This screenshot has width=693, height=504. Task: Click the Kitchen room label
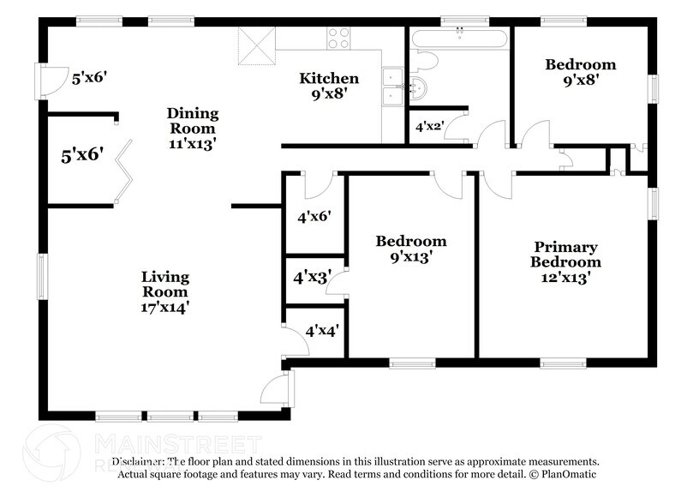click(328, 79)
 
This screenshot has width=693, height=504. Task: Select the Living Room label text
click(165, 284)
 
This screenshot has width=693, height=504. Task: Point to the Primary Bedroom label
click(565, 255)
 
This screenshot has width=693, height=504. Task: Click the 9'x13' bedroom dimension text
click(411, 255)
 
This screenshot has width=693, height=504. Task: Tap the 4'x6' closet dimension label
click(314, 217)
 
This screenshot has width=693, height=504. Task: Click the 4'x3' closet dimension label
click(311, 278)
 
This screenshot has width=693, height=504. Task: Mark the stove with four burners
click(339, 39)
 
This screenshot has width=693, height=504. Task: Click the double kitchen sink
click(393, 86)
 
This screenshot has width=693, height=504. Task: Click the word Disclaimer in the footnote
click(140, 461)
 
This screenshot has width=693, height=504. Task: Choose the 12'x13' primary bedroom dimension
click(565, 277)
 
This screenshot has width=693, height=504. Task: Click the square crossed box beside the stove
click(254, 45)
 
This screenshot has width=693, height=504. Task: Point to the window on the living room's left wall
click(41, 276)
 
